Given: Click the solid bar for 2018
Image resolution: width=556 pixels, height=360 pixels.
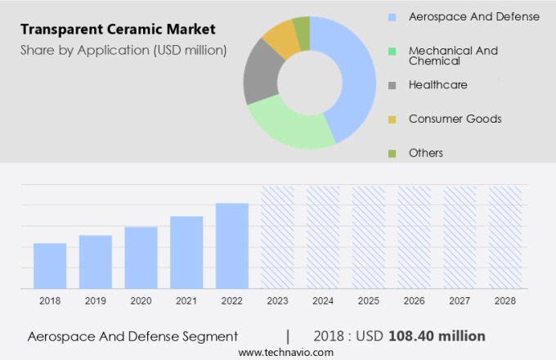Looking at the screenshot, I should click(50, 266).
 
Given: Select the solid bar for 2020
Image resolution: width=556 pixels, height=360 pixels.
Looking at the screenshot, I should click(141, 258).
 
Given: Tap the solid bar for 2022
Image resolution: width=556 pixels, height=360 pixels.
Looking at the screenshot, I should click(232, 245).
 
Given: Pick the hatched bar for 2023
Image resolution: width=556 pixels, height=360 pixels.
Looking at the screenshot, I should click(277, 237).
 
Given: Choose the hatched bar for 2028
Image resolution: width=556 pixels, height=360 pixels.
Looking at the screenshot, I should click(504, 237).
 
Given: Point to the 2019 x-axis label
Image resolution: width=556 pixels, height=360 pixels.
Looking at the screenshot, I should click(95, 301).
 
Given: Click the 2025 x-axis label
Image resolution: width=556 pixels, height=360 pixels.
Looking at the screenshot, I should click(368, 301).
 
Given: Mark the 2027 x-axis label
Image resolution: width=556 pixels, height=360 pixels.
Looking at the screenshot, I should click(459, 301).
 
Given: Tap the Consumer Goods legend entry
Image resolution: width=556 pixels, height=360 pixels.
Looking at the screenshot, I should click(455, 119).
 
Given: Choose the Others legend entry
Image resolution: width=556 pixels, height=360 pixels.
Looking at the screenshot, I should click(425, 153).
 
